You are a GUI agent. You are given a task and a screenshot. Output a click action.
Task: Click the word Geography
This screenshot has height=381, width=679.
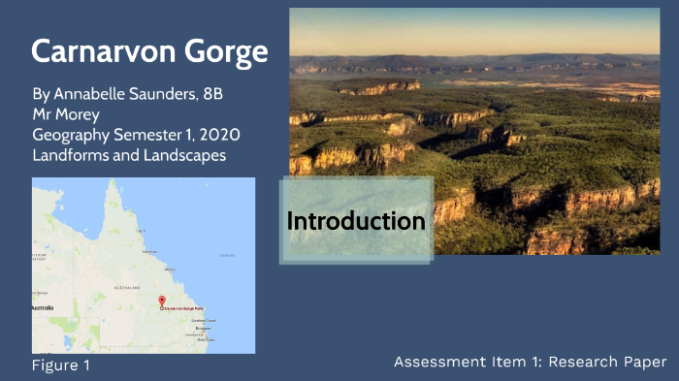coord(73,135)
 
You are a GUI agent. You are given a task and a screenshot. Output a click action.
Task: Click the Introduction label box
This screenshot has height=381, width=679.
coord(356,221)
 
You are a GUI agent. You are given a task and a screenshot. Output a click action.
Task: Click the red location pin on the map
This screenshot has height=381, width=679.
coord(162,302)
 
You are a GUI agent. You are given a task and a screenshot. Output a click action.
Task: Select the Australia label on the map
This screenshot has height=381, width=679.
coord(44,308)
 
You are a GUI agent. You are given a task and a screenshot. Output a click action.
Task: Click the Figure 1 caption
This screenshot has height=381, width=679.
coord(60,366)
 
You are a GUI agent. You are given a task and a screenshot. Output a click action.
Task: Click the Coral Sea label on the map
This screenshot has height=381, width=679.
coord(227,256)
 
